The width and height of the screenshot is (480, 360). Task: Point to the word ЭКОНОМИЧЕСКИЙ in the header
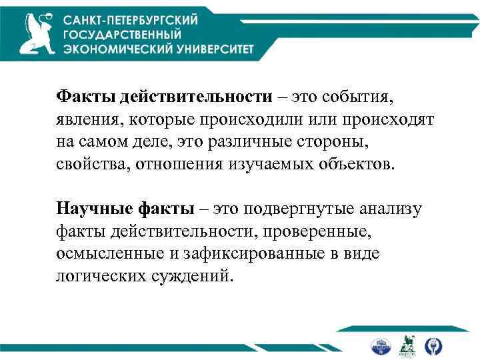109,49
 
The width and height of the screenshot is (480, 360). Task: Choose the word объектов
361,164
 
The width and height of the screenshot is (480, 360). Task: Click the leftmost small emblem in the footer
381,345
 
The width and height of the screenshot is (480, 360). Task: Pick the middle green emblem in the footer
407,345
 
